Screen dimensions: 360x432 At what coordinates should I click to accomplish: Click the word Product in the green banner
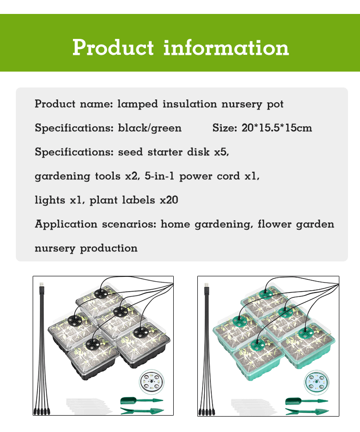(x=113, y=48)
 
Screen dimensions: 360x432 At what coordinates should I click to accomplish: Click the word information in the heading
(x=226, y=48)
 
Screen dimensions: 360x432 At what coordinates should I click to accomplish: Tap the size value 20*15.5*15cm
(x=276, y=128)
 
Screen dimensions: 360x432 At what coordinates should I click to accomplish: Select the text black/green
(x=150, y=128)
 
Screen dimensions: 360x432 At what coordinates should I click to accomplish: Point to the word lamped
(x=138, y=104)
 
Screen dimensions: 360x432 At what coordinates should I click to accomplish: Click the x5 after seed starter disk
(x=222, y=152)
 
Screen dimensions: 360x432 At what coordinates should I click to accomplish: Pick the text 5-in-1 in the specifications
(x=159, y=176)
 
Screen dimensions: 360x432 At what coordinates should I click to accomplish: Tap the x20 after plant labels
(x=169, y=200)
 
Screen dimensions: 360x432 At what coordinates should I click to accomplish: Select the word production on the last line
(x=108, y=248)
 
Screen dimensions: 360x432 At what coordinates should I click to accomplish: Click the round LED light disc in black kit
(x=151, y=382)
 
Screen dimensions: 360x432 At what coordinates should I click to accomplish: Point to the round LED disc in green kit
(x=316, y=383)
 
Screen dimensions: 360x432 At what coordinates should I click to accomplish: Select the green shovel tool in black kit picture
(x=142, y=400)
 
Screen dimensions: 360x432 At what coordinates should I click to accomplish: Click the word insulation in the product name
(x=190, y=104)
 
